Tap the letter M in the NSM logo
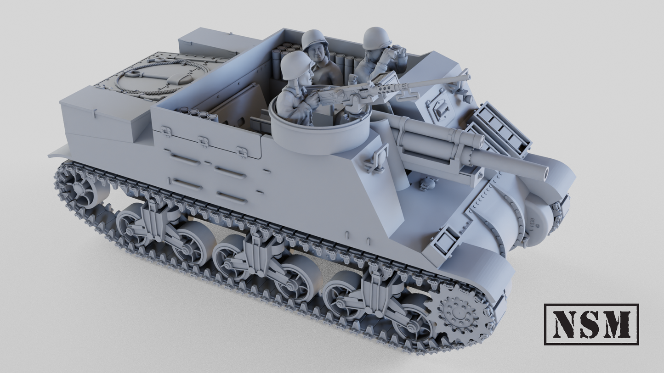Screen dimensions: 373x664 (617, 324)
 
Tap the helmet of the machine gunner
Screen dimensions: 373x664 (296, 63)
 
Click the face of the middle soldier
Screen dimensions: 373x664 (317, 52)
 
